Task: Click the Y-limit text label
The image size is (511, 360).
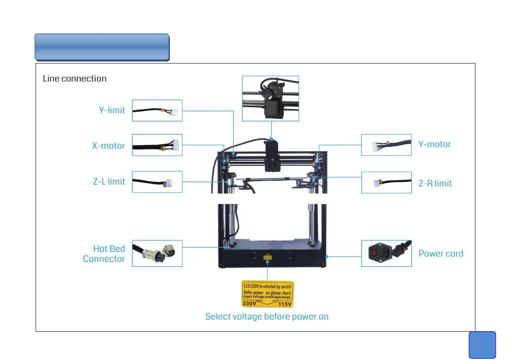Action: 112,110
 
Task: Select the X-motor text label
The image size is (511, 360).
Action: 109,146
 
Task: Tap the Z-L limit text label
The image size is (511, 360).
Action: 109,182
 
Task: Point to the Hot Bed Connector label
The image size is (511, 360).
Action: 104,254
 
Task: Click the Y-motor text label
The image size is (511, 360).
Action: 435,145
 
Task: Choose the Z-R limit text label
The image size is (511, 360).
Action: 435,184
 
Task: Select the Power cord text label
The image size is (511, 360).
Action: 441,254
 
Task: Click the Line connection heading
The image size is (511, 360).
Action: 75,79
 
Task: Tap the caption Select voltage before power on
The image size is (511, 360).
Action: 267,317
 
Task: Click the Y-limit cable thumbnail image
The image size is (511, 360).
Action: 157,111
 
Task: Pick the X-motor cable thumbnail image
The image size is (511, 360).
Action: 157,145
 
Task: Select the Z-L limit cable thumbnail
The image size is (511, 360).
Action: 157,182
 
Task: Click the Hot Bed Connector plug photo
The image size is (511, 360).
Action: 157,254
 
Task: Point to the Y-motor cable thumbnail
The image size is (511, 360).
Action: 386,145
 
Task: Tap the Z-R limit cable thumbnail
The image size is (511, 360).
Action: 386,182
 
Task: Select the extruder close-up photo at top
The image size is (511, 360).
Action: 270,99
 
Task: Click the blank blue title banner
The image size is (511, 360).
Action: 102,47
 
